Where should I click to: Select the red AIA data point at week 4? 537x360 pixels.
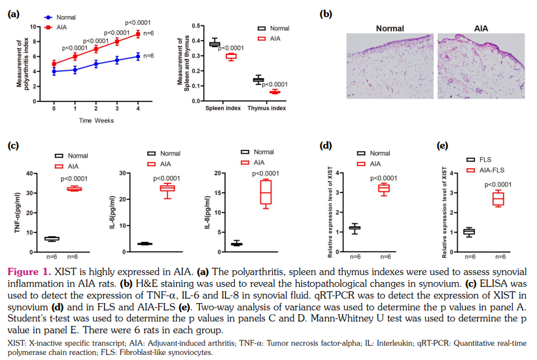point(138,33)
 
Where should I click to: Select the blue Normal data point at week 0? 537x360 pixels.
point(54,71)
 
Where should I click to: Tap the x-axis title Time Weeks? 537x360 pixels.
point(96,120)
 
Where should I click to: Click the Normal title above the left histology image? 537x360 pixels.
point(390,28)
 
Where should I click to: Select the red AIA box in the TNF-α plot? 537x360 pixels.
point(74,189)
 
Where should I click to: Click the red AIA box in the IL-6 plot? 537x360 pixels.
point(168,189)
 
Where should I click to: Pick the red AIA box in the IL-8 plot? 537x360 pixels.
point(266,192)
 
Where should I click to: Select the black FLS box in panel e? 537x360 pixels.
point(469,231)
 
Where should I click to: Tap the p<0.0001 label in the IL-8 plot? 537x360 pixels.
point(266,173)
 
